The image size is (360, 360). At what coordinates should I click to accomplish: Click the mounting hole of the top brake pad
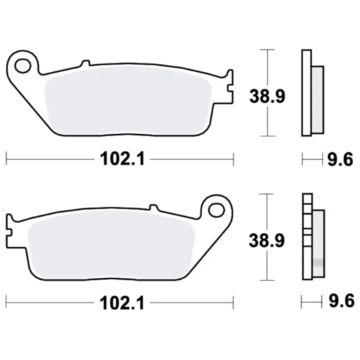[x=24, y=66]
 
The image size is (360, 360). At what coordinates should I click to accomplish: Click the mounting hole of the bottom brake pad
[x=216, y=208]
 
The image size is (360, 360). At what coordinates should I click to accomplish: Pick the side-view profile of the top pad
[x=311, y=93]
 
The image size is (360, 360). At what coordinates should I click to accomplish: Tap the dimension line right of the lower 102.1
[x=194, y=303]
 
